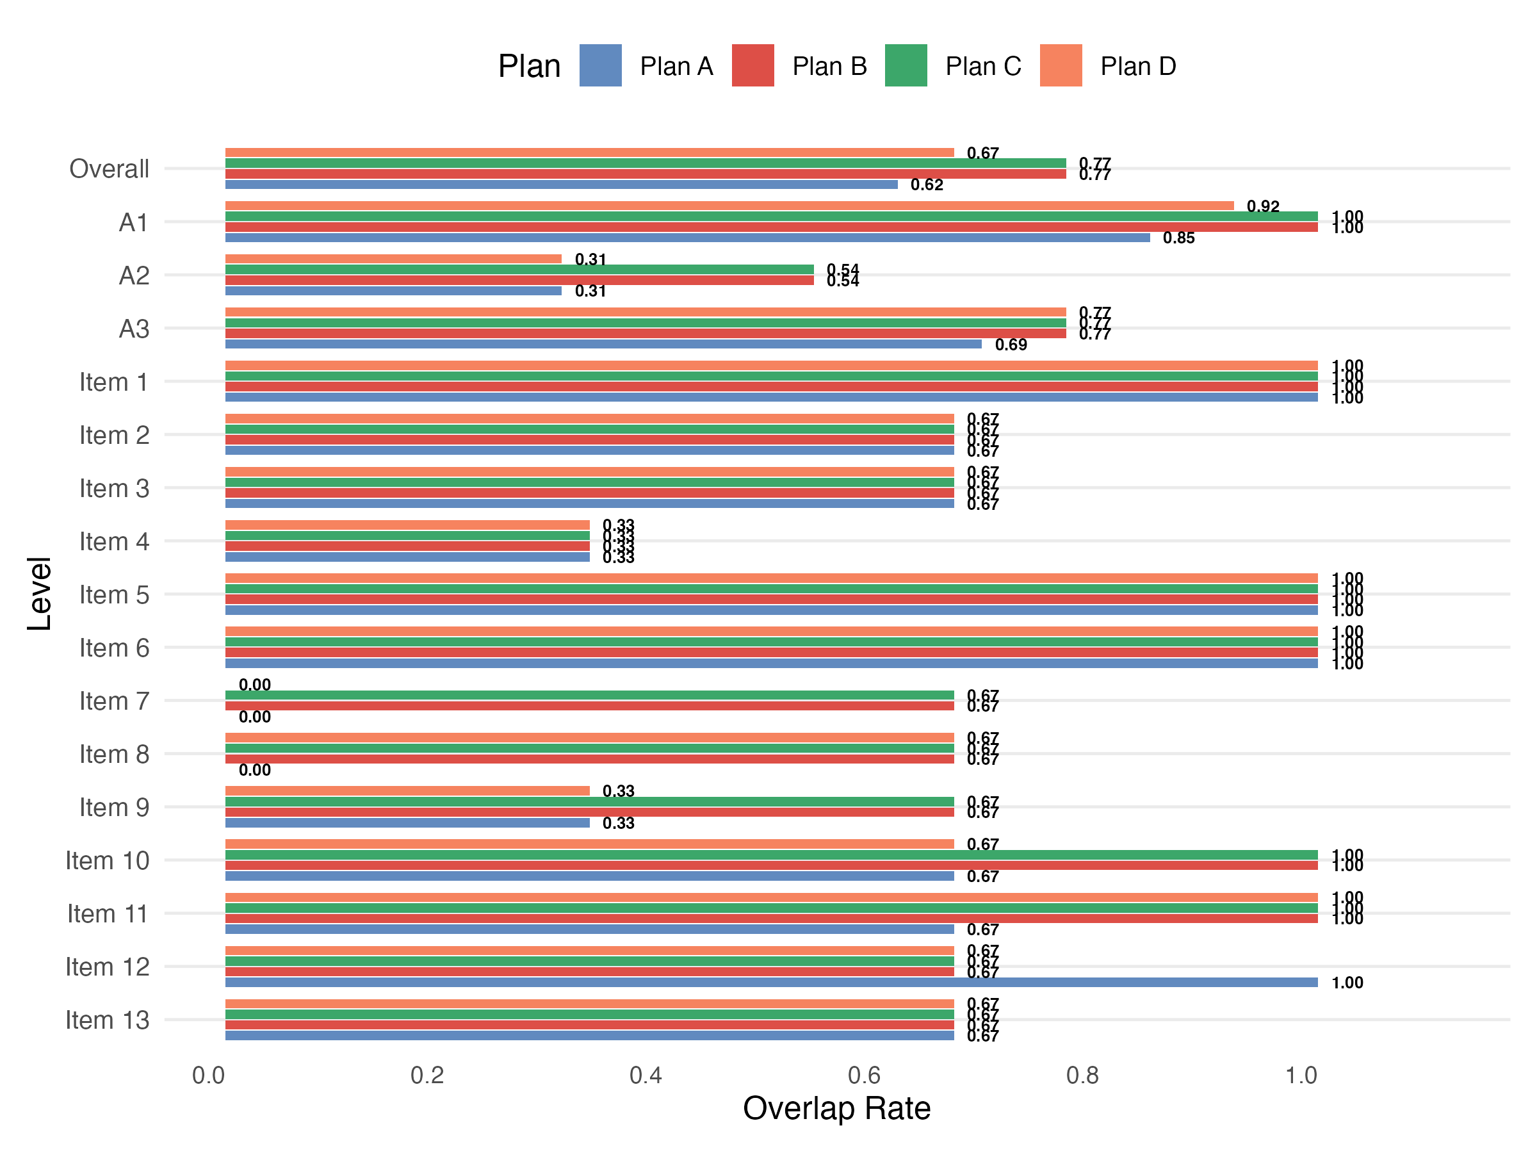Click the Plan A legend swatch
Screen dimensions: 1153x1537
(x=600, y=65)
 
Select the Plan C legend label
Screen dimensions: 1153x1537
(x=982, y=67)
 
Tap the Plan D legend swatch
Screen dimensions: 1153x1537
(x=1061, y=65)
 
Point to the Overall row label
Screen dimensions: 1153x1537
(x=109, y=169)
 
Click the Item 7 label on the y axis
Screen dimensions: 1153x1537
(x=114, y=701)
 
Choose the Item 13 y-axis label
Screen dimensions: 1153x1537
(x=107, y=1020)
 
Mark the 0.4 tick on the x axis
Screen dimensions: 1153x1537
(x=646, y=1076)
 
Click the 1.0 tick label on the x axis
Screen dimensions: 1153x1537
(x=1301, y=1076)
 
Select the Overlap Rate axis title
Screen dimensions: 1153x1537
(x=836, y=1109)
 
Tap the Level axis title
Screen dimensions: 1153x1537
(x=40, y=594)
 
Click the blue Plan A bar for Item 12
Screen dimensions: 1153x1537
(x=771, y=982)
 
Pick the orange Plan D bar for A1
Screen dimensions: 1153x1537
(x=729, y=206)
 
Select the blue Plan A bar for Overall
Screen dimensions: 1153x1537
(x=561, y=185)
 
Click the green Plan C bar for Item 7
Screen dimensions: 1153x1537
(x=589, y=695)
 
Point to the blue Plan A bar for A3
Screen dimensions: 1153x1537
(x=603, y=344)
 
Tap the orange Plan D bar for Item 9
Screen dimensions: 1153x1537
(x=407, y=791)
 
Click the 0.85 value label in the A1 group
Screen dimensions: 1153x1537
(x=1178, y=238)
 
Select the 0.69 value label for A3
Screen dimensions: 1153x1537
(x=1011, y=345)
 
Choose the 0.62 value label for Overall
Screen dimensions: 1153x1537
(x=927, y=185)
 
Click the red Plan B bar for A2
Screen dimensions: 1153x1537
(x=519, y=280)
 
